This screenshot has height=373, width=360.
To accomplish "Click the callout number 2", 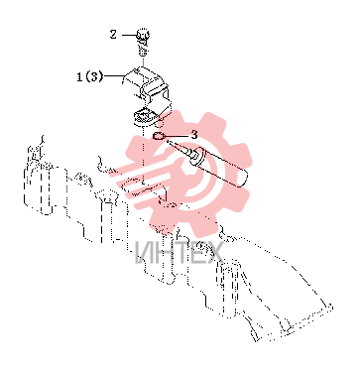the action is pyautogui.click(x=113, y=34).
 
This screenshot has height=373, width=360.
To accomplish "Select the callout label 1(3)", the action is pyautogui.click(x=90, y=77).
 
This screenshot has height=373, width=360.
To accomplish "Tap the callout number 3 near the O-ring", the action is pyautogui.click(x=194, y=135).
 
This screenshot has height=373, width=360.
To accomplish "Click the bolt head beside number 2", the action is pyautogui.click(x=143, y=35).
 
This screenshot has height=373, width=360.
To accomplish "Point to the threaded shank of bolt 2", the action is pyautogui.click(x=143, y=48).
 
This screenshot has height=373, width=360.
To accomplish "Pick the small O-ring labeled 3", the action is pyautogui.click(x=158, y=136).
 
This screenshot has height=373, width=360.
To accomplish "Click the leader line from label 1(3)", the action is pyautogui.click(x=113, y=76).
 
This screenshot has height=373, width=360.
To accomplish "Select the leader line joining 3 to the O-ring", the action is pyautogui.click(x=176, y=136).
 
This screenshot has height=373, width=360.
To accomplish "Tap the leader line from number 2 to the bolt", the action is pyautogui.click(x=129, y=35).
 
